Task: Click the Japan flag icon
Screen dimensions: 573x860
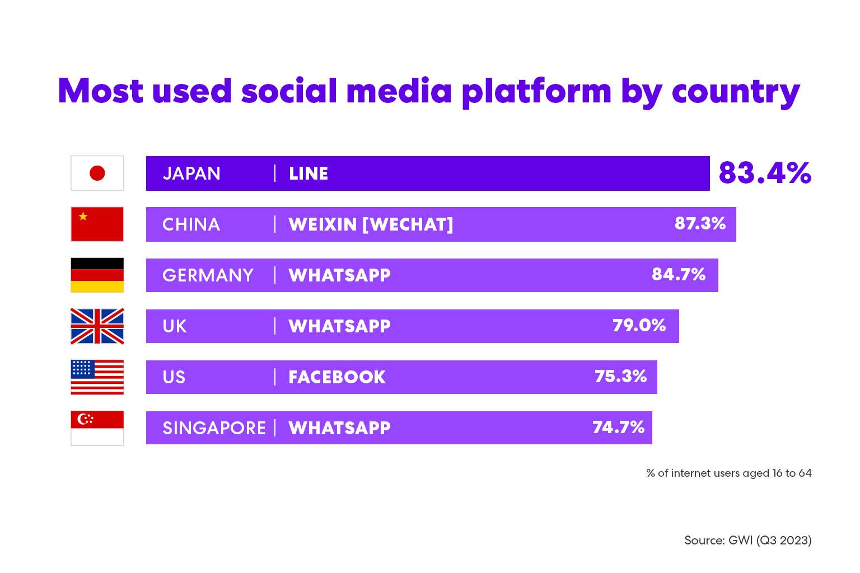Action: tap(97, 173)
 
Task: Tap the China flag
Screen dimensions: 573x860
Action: tap(97, 224)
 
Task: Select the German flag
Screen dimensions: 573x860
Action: tap(97, 275)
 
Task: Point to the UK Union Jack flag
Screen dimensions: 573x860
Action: tap(97, 326)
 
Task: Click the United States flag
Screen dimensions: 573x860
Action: tap(97, 377)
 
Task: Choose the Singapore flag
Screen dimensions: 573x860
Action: tap(97, 428)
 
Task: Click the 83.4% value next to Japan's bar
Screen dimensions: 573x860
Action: tap(765, 173)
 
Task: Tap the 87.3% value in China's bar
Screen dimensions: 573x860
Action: tap(700, 224)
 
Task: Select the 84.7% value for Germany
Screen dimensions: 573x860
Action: tap(679, 275)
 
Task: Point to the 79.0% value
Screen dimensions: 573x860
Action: tap(639, 326)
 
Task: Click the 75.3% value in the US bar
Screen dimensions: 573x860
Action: tap(620, 377)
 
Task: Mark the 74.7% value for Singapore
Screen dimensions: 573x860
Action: tap(618, 428)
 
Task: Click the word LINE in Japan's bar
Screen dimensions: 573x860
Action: tap(309, 173)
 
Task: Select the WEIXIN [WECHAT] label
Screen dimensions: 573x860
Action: tap(371, 224)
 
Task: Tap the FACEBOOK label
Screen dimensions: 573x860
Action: tap(337, 377)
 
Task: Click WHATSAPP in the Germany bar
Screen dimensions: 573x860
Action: tap(339, 275)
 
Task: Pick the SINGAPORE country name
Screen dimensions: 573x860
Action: tap(214, 428)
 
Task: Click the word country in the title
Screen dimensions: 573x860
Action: tap(736, 92)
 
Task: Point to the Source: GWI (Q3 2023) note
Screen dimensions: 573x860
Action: tap(747, 541)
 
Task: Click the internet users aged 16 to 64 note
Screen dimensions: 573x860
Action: tap(729, 473)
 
